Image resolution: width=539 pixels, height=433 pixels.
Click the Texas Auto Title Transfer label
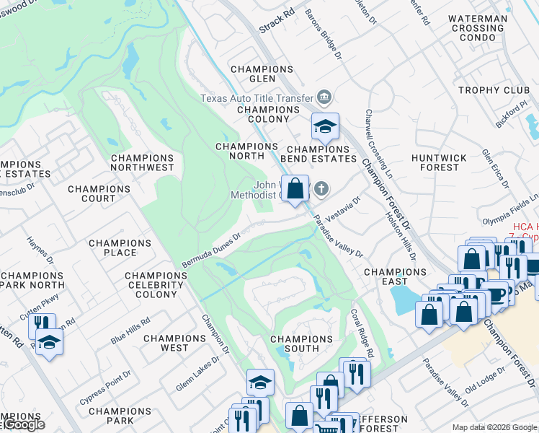click(256, 98)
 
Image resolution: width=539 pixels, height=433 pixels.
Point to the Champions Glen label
click(262, 74)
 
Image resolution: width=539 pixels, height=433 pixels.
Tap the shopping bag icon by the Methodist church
click(295, 189)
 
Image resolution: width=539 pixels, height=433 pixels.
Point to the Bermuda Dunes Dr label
click(210, 249)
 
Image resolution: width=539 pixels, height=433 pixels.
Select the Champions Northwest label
click(142, 162)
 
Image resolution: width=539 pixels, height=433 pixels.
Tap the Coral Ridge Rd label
click(362, 334)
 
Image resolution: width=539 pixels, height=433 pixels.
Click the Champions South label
click(294, 344)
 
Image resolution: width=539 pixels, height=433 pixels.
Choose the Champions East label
click(396, 276)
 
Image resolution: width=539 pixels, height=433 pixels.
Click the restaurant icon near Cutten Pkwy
click(43, 325)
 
